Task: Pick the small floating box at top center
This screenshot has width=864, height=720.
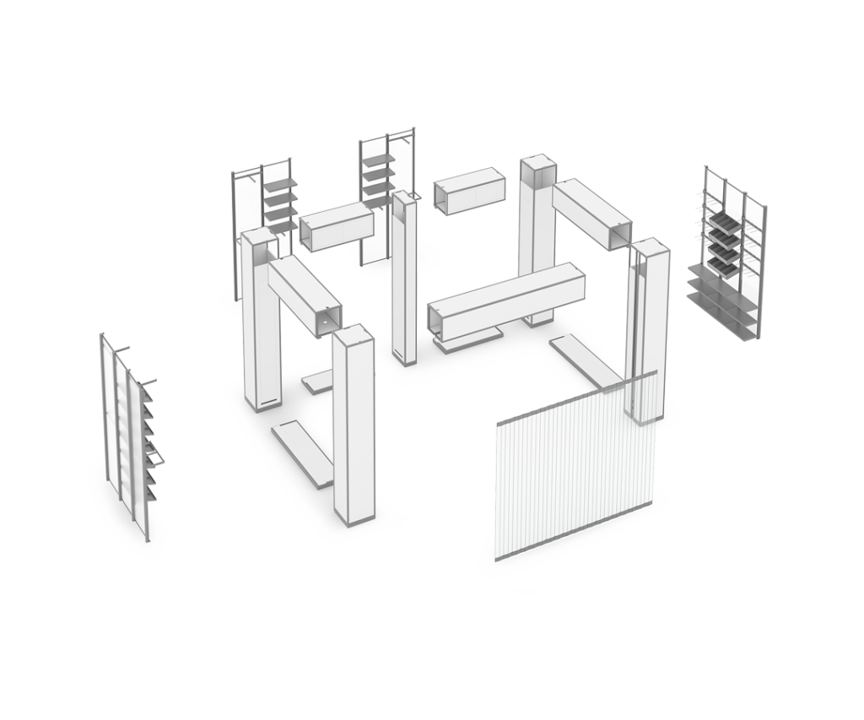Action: pos(468,191)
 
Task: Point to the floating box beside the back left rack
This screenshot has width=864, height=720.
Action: pos(335,225)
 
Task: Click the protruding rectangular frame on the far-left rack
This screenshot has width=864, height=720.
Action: pos(157,458)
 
